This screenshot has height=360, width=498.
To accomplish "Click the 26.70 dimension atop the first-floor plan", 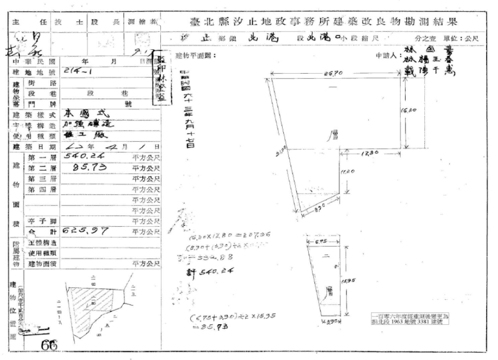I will (334, 74).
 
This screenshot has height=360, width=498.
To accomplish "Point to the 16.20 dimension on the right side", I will (407, 110).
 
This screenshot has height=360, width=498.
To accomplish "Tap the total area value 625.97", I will (85, 230).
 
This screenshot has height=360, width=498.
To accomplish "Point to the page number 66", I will (52, 345).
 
